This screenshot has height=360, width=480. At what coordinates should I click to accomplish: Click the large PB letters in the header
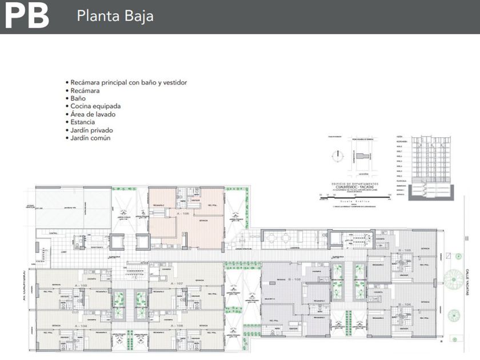(x=26, y=16)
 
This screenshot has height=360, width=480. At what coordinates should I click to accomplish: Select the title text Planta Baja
(x=115, y=16)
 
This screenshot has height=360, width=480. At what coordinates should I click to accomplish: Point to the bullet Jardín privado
(x=91, y=130)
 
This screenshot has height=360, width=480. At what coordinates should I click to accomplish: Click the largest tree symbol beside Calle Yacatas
(x=454, y=280)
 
